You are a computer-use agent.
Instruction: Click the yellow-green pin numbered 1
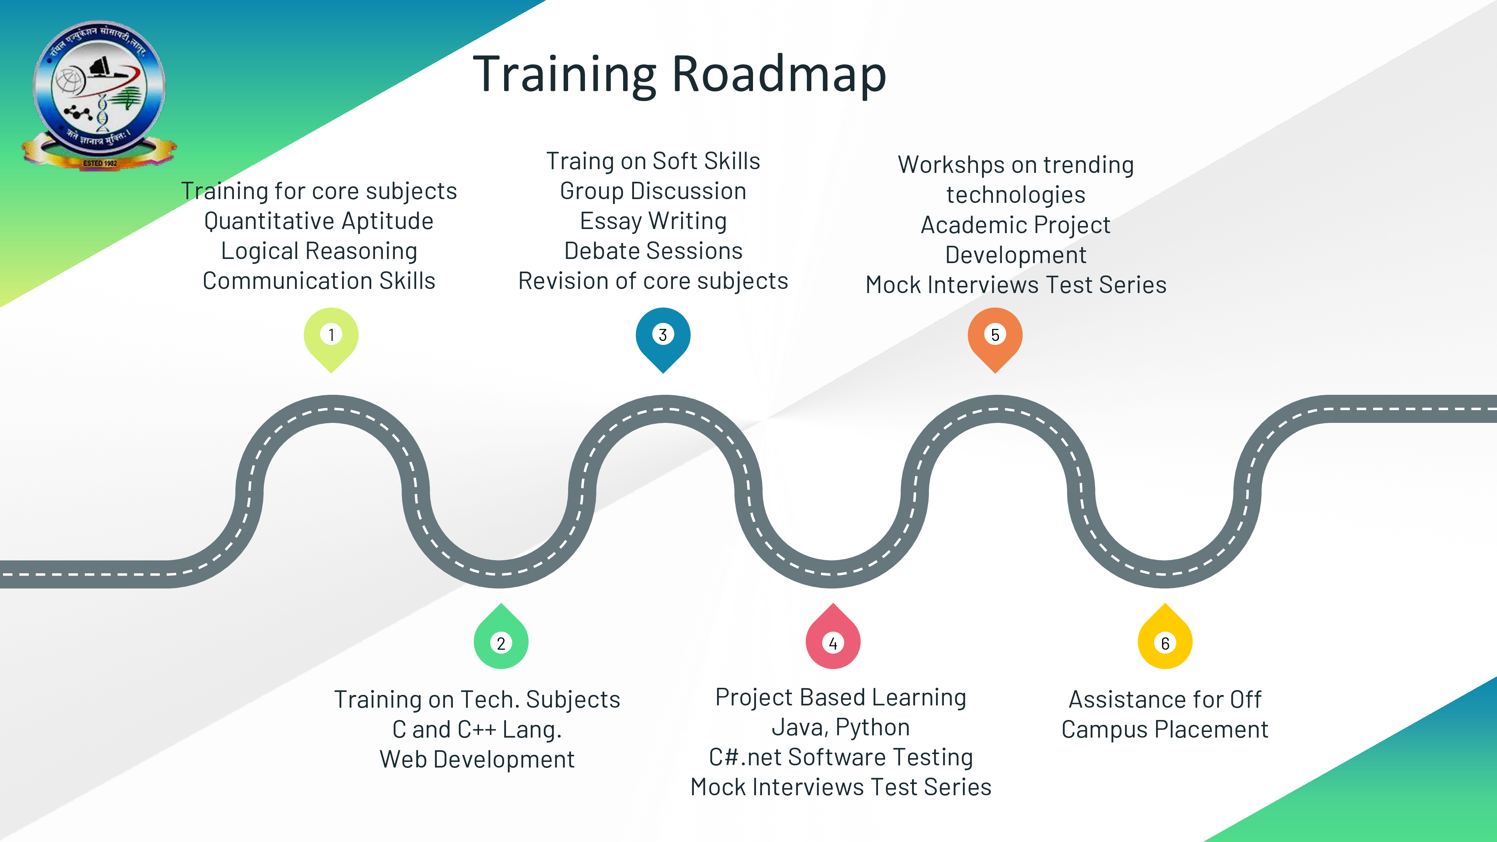pos(331,337)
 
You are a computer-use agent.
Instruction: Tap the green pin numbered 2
pos(501,640)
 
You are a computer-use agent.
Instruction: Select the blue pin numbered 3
pos(663,337)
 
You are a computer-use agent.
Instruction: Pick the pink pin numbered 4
pos(833,640)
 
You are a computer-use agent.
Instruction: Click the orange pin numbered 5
pos(995,337)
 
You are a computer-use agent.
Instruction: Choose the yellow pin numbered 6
pos(1165,640)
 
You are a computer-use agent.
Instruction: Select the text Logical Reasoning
pos(319,251)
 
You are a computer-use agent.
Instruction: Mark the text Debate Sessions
pos(653,251)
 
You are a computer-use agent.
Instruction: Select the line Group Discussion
pos(653,191)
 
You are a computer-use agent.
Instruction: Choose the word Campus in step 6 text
pos(1104,730)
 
